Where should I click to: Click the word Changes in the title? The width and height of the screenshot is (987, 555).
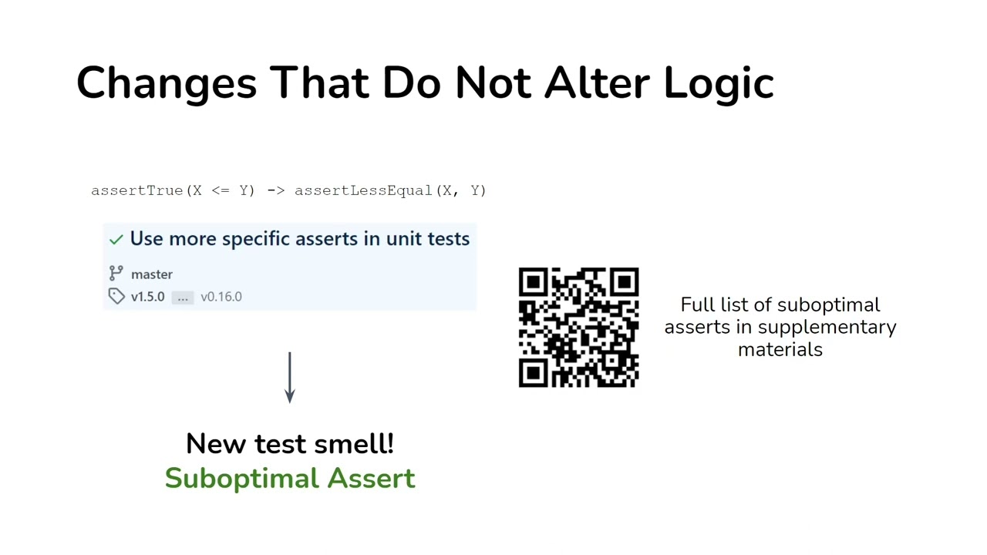pos(166,82)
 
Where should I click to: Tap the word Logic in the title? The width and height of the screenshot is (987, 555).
pos(718,82)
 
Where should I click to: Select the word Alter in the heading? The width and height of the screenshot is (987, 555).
pos(598,82)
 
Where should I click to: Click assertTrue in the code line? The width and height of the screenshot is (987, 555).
pos(137,190)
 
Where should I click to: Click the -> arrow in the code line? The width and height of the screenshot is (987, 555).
pos(275,190)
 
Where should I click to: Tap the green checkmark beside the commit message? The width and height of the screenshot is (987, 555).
pos(116,240)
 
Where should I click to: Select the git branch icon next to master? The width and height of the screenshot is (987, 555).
pos(116,274)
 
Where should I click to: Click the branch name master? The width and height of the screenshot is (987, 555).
pos(152,274)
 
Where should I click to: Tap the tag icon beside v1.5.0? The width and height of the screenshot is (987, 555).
pos(116,297)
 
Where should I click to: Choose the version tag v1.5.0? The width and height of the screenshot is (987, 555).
pos(147,297)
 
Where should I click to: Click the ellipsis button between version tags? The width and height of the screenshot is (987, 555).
pos(183,297)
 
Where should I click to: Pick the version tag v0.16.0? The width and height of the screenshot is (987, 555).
pos(221,297)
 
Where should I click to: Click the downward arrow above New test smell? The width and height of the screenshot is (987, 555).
pos(290,378)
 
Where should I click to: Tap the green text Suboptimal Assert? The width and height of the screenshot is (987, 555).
pos(290,478)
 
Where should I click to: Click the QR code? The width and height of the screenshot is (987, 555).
pos(578,328)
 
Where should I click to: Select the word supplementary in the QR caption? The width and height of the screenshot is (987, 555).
pos(827,328)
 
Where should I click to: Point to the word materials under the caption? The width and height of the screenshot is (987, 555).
pos(780,349)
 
